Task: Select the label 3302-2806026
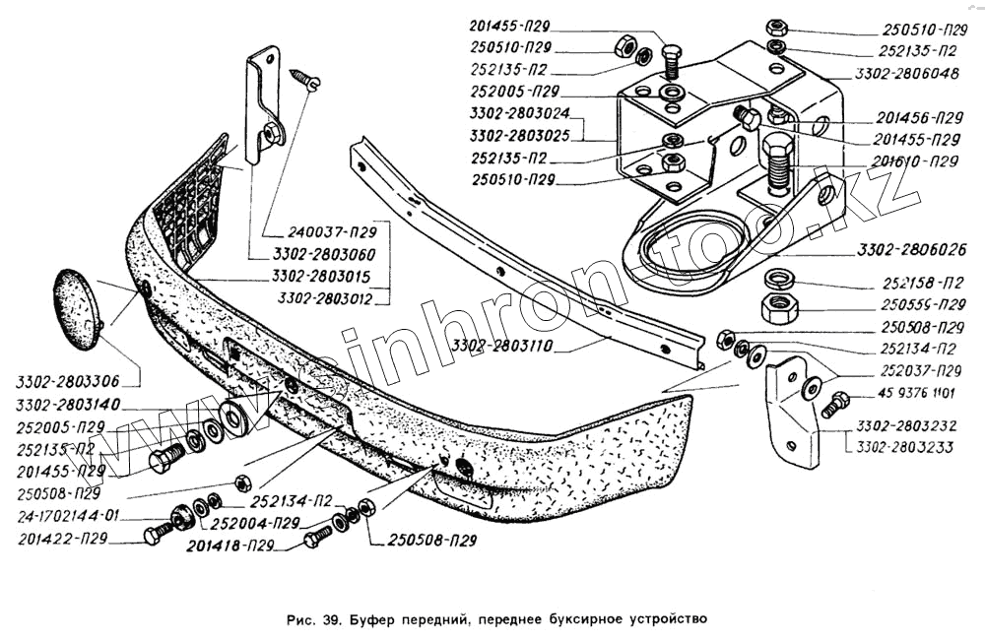click(912, 249)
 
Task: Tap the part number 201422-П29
click(61, 539)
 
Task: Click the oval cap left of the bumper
click(76, 308)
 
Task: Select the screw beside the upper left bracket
click(304, 79)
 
